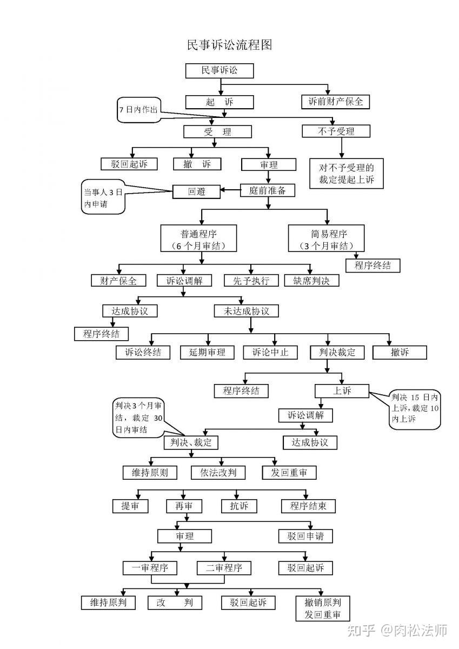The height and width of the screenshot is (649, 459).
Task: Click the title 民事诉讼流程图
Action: (x=229, y=45)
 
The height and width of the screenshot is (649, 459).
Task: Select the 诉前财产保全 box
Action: (x=335, y=102)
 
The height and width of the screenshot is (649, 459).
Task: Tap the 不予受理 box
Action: (x=336, y=131)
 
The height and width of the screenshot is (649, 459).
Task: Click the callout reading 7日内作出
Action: (x=139, y=110)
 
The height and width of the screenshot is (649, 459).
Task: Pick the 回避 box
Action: (x=196, y=191)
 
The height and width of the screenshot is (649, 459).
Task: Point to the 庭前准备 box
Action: (x=267, y=190)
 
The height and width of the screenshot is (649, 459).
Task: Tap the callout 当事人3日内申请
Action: (x=103, y=197)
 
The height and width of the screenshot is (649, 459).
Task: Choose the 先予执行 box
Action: (x=251, y=281)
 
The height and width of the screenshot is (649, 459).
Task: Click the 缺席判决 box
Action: (x=311, y=281)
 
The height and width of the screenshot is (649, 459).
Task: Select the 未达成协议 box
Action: (x=246, y=311)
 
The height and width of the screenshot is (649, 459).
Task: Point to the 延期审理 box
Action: (x=207, y=352)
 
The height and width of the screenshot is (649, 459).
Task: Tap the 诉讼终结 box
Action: (x=143, y=352)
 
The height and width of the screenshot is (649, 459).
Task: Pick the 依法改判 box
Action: (x=218, y=473)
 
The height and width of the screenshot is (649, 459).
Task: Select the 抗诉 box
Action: (x=239, y=506)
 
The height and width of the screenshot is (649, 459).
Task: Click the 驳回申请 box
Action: (x=305, y=536)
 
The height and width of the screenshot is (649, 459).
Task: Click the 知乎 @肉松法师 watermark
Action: (x=397, y=630)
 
